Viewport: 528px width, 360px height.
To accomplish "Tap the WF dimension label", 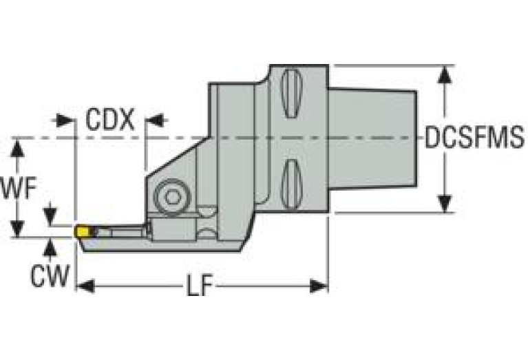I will coord(19,188).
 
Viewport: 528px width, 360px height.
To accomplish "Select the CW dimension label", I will coord(49,276).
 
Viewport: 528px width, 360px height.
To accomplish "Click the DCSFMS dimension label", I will coord(474,138).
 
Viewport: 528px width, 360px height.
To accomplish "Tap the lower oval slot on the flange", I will coord(292,184).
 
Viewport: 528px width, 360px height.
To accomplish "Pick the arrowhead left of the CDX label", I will coord(66,120).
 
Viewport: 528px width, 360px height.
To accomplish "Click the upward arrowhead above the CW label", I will coord(49,246).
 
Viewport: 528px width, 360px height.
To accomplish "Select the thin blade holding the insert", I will coord(120,233).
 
